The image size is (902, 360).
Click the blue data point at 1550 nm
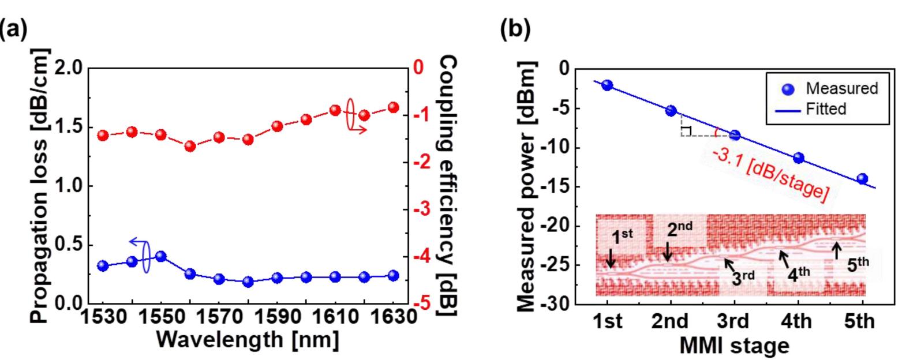click(x=161, y=256)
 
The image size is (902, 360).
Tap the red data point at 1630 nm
click(x=393, y=107)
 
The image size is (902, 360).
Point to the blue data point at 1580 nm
click(x=248, y=282)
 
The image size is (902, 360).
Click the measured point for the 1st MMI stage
click(x=607, y=85)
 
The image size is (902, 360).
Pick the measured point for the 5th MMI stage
click(x=862, y=179)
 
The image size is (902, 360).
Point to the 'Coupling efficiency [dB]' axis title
click(x=449, y=186)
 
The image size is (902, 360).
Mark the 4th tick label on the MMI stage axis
click(x=798, y=321)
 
